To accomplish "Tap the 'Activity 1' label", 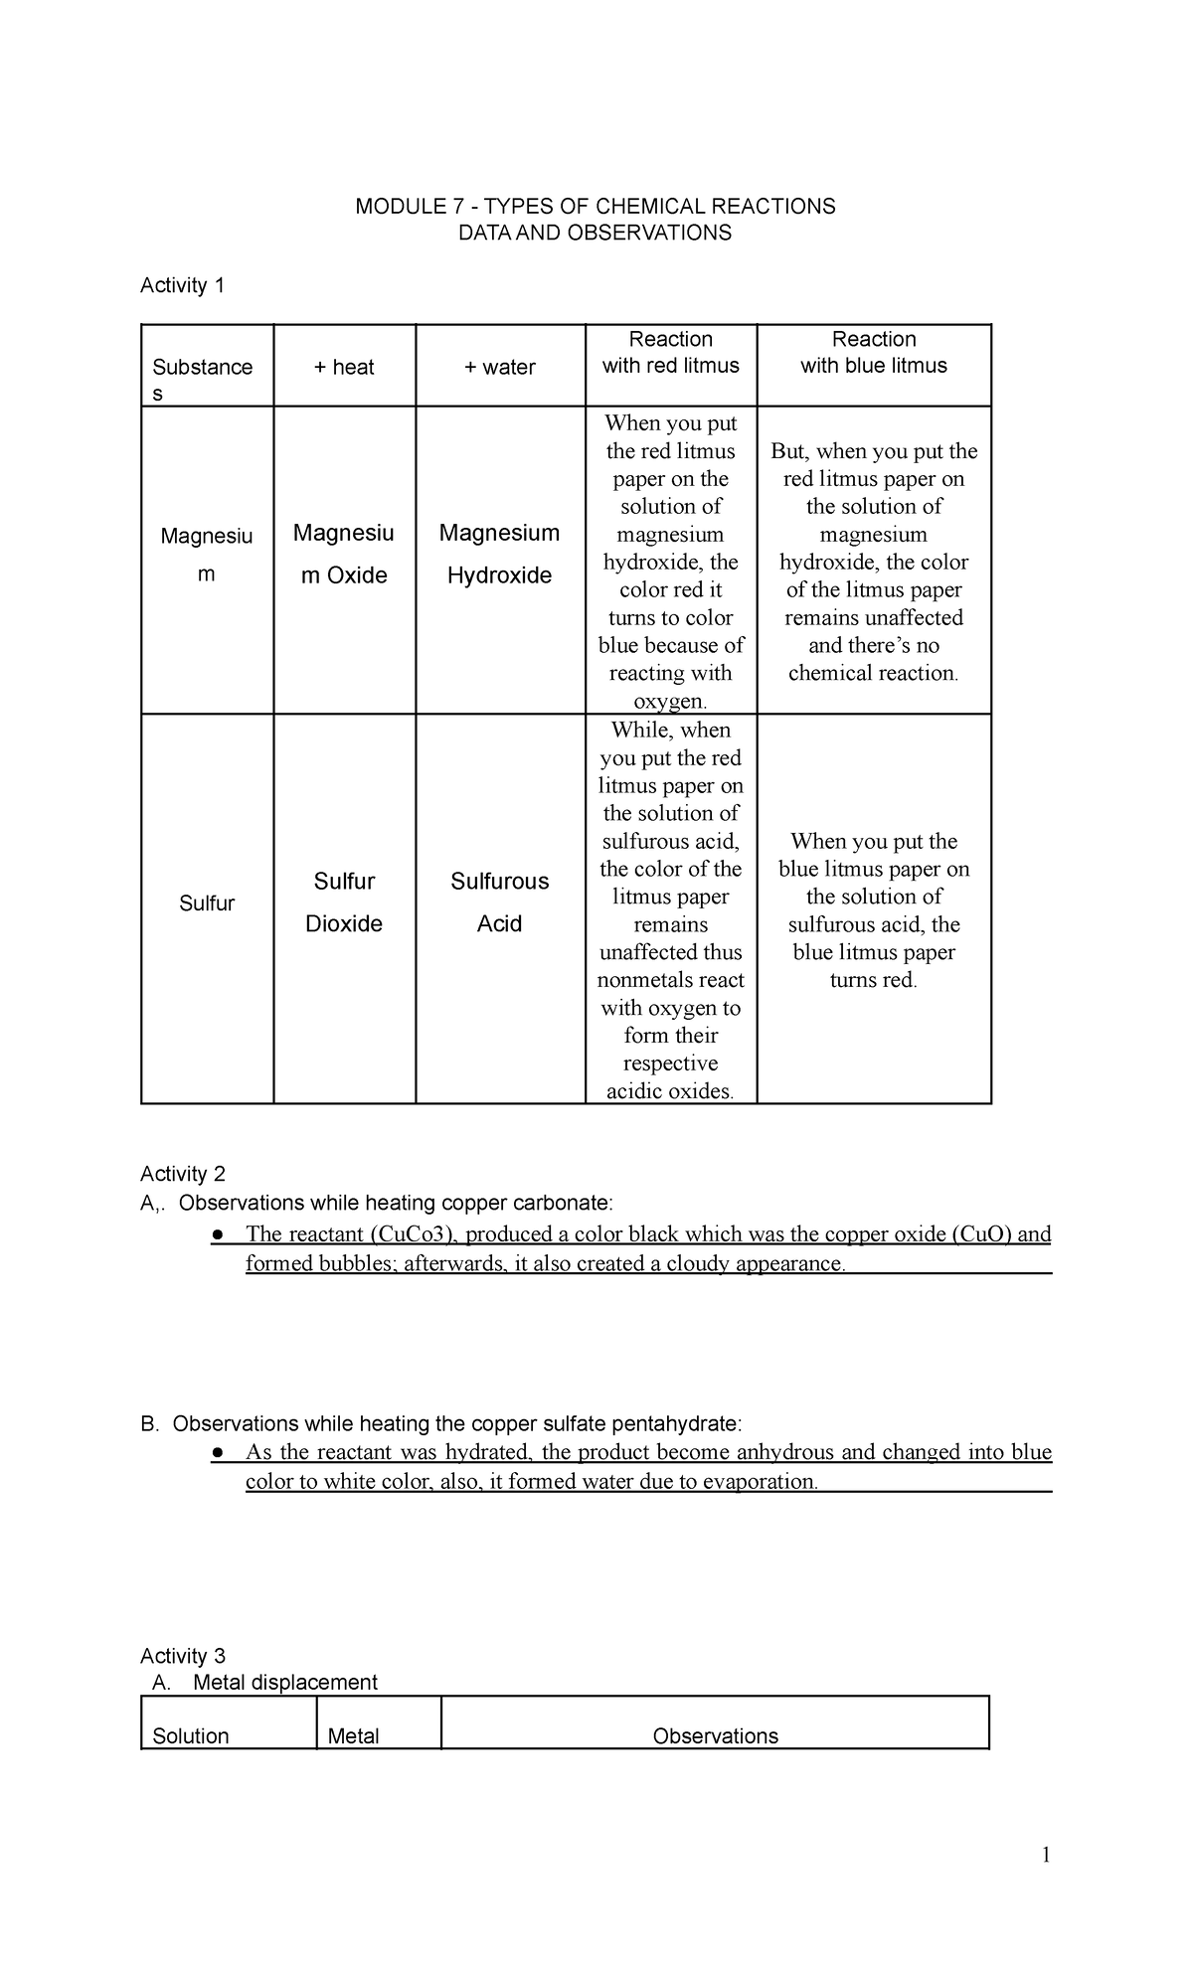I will click(182, 286).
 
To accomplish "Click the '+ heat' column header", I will click(344, 368).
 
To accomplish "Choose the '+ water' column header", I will click(499, 368).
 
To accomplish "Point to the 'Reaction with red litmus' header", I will click(671, 353).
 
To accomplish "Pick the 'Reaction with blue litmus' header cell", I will click(874, 353).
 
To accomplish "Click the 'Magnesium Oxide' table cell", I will click(344, 555).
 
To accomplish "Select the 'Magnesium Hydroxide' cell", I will click(499, 555).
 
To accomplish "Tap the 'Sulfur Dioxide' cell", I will click(344, 902).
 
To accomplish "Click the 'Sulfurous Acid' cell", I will click(499, 902).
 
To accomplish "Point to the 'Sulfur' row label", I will click(207, 903).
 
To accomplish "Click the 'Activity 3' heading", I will click(183, 1656).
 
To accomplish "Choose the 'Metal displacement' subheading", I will click(285, 1683).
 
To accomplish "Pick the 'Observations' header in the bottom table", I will click(715, 1736).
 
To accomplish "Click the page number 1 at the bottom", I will click(1045, 1856).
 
